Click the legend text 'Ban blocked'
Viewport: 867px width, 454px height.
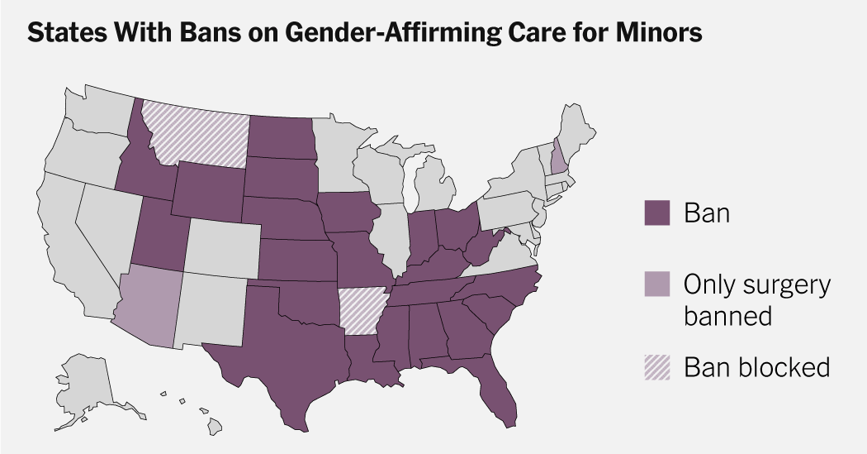pyautogui.click(x=756, y=366)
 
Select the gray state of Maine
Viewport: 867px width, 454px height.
pyautogui.click(x=578, y=132)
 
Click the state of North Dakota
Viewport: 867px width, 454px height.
pyautogui.click(x=282, y=136)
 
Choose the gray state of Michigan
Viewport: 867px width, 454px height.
pyautogui.click(x=433, y=186)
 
